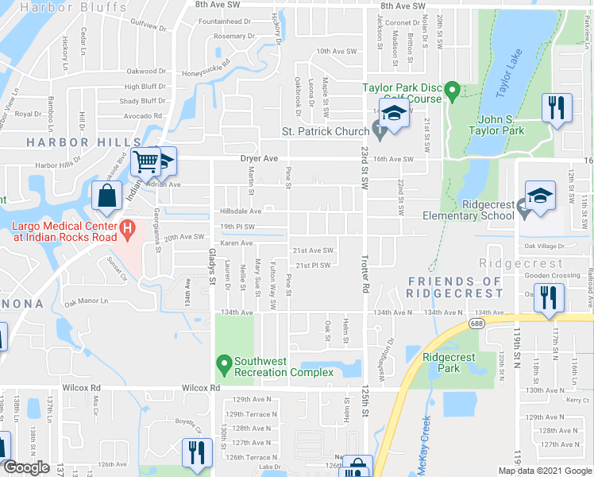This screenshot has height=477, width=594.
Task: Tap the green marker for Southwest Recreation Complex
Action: point(225,366)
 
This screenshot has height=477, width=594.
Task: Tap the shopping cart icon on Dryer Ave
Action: point(145,162)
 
